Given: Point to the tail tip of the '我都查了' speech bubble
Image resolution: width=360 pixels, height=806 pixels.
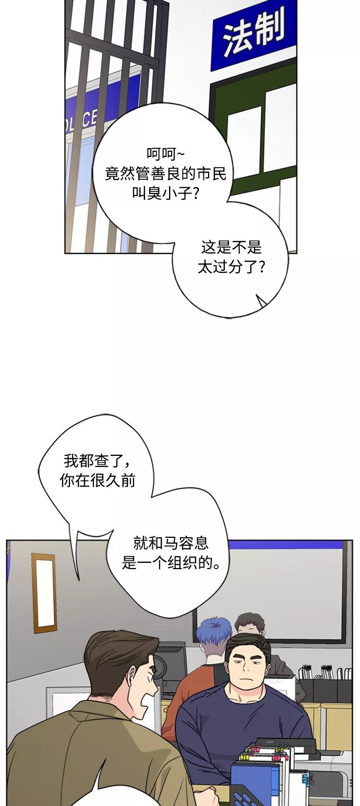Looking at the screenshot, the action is (x=78, y=580).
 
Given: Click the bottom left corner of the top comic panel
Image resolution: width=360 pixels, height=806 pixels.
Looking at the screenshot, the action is (x=65, y=252).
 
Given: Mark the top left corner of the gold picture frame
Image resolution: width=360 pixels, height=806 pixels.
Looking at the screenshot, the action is (x=32, y=555).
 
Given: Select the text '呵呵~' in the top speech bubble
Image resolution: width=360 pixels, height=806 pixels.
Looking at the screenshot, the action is (x=165, y=155).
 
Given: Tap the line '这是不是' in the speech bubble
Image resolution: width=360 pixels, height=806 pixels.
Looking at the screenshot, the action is (x=231, y=248).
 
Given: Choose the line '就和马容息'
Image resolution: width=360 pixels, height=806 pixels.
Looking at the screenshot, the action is (x=171, y=543).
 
